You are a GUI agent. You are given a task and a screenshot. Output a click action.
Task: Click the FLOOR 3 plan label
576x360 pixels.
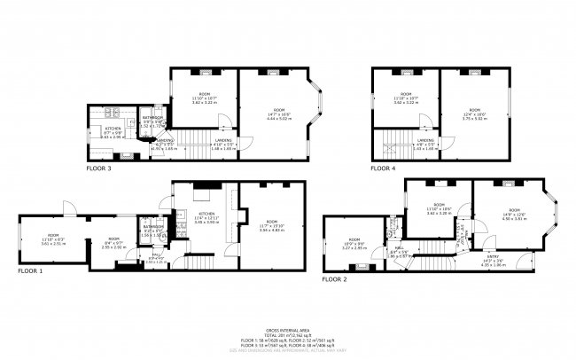tap(98, 167)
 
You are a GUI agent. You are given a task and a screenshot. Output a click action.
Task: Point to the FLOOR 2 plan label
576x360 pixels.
tap(334, 278)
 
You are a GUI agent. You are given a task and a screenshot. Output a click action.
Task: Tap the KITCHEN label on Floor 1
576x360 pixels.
tap(206, 215)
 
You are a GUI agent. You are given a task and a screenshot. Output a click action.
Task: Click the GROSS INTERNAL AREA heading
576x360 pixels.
tap(288, 328)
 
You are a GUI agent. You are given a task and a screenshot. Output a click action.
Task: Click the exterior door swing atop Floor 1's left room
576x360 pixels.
tap(65, 209)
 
